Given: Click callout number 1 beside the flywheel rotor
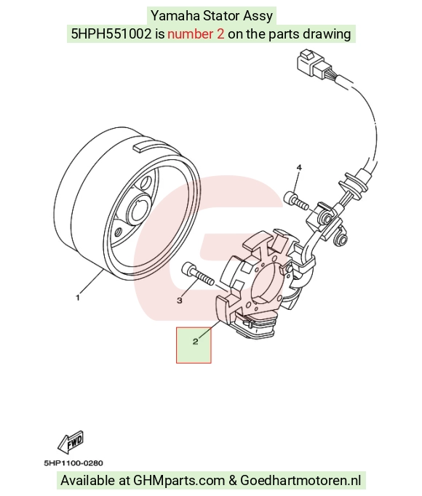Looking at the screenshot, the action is coord(78,297).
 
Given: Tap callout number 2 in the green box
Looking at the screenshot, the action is coord(195,341).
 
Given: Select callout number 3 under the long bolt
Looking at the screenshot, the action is coord(180,300).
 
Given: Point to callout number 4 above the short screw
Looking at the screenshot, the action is coord(299,167).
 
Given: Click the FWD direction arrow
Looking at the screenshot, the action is coord(71,442).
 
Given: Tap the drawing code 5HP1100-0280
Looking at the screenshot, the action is coord(73,463).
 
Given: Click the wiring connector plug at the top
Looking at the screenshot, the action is coord(314,65).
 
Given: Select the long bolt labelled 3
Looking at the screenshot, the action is coord(198,274).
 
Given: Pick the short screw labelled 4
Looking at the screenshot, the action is coord(296,201).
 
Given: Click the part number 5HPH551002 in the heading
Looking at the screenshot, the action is coord(111,34).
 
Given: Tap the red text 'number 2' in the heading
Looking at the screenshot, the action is coord(196,34).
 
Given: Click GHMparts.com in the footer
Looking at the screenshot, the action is coord(179,481).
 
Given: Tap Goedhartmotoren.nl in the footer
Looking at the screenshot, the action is coord(300,481).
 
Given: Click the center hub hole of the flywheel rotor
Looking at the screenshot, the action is coord(138,210).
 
